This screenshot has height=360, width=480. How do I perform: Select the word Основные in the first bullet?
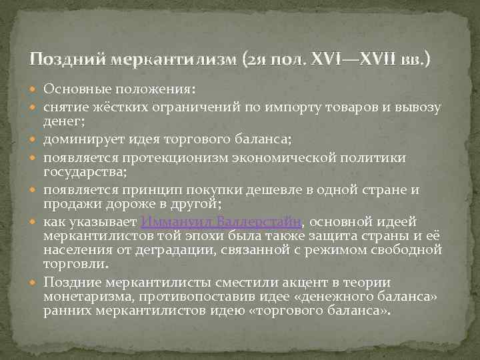(73, 89)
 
